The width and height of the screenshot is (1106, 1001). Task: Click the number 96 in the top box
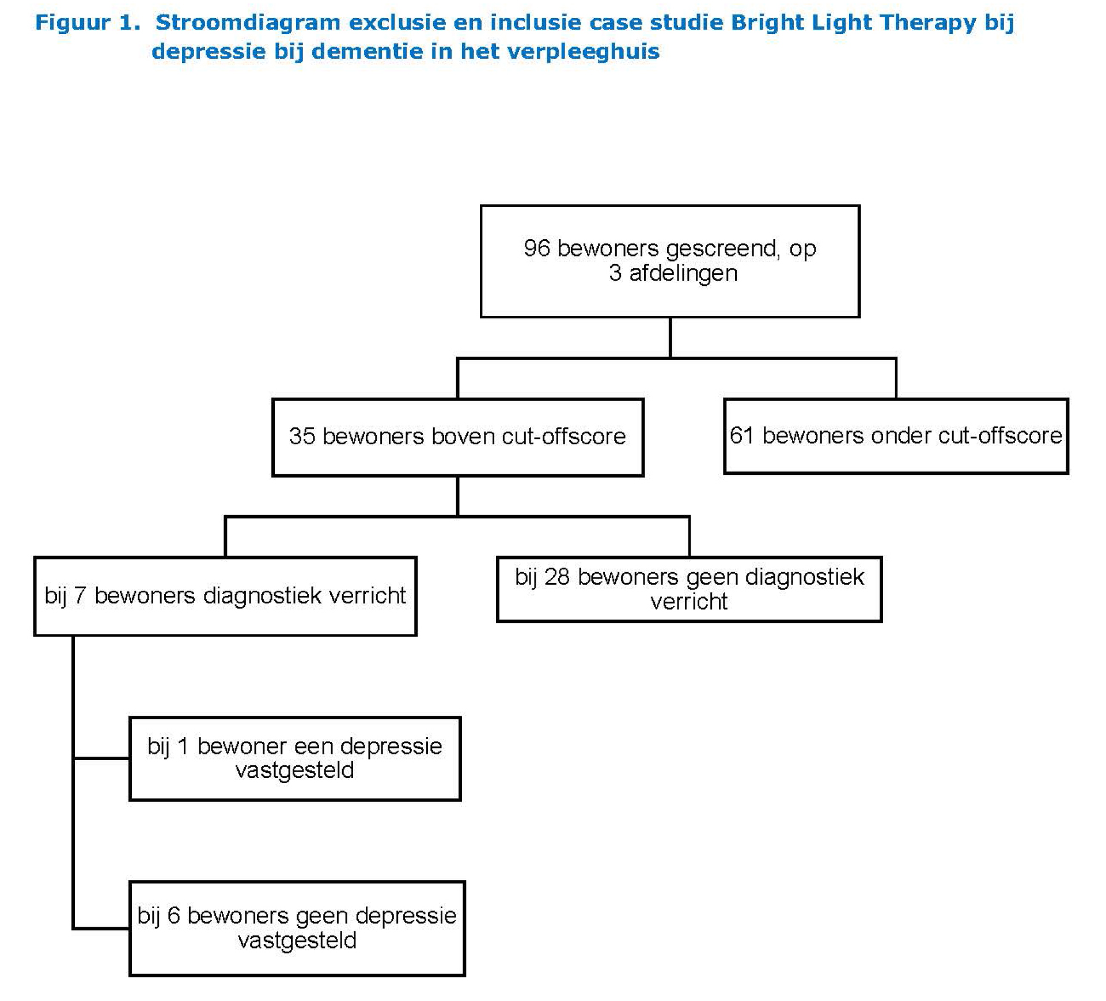tap(536, 248)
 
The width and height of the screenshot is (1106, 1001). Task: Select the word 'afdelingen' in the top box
tap(683, 273)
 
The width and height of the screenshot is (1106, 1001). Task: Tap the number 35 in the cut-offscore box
tap(302, 436)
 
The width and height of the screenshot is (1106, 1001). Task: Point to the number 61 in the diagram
tap(742, 436)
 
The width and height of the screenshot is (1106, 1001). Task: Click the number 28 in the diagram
tap(557, 577)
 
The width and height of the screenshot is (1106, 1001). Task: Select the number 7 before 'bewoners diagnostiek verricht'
tap(80, 596)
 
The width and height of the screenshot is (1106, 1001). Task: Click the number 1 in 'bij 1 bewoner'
tap(183, 746)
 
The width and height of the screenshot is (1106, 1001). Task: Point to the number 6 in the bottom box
tap(173, 916)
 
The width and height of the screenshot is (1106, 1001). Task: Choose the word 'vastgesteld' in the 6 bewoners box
tap(297, 940)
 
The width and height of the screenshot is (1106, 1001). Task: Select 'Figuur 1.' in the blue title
tap(88, 22)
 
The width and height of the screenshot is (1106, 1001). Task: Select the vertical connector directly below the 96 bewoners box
tap(670, 337)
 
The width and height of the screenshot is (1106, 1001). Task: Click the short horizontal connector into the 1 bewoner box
tap(102, 758)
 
